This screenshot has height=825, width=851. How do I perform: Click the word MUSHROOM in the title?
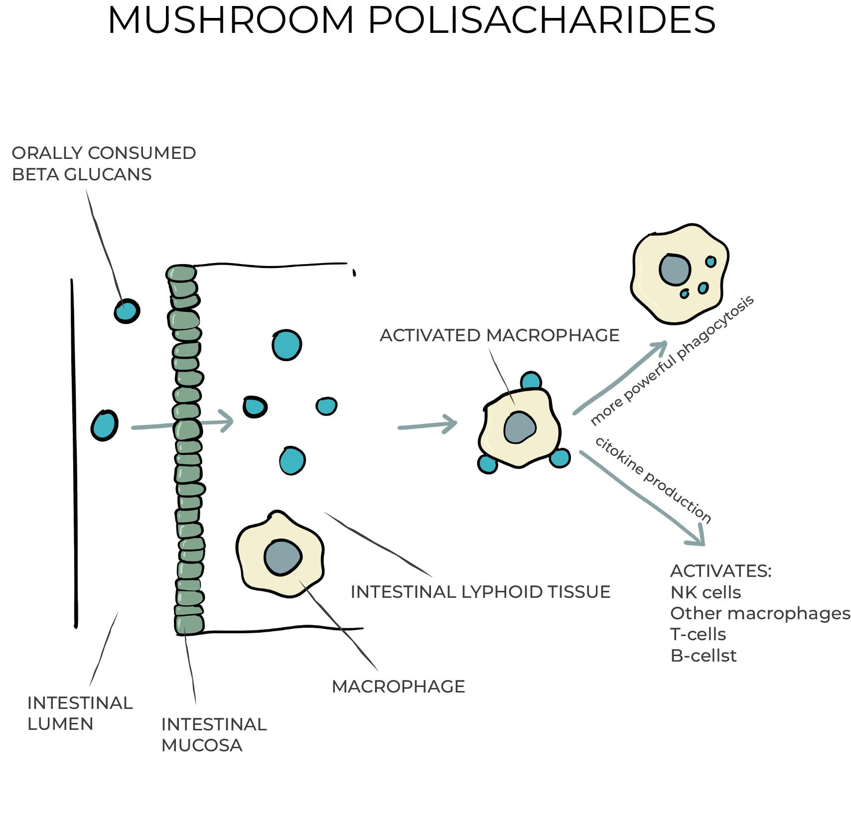coord(230,21)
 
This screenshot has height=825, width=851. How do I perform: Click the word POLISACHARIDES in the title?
coord(542,21)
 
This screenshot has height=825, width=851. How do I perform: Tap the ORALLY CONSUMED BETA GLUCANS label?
coord(104,163)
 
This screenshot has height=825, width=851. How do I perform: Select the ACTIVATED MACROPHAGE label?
coord(499,335)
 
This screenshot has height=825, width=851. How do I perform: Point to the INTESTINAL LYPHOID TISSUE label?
coord(480,592)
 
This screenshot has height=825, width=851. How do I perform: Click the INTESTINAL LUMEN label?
coord(80,713)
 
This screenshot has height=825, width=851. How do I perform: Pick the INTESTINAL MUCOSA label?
coord(214,735)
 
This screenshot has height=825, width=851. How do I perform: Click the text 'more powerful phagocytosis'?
coord(672,361)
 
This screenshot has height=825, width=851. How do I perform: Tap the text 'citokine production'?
coord(653,480)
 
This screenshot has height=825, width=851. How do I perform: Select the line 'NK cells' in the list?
coord(706,592)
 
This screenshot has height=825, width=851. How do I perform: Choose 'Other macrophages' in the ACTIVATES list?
coord(760,613)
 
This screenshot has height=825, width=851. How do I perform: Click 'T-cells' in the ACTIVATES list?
coord(698,634)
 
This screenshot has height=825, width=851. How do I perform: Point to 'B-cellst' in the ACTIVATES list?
coord(703,656)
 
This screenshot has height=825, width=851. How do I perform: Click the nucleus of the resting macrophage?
coord(283,557)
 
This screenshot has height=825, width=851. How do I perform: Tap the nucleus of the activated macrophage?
coord(520,427)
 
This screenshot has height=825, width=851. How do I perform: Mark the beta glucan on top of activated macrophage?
coord(531,381)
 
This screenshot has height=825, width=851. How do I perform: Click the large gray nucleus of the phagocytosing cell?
coord(675,270)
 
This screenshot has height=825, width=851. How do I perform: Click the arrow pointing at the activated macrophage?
coord(428,425)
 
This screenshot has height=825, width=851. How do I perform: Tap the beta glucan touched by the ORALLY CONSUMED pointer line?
coord(127,311)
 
